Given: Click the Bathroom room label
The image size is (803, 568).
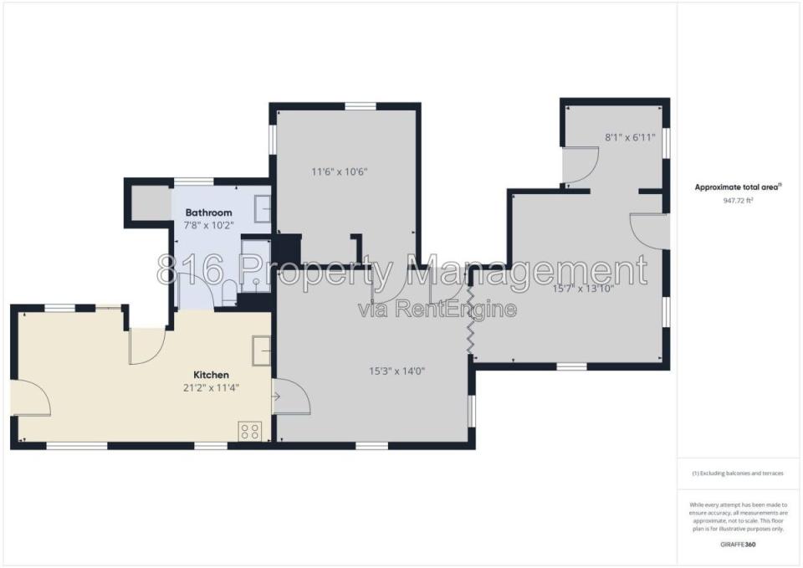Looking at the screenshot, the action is tap(208, 212).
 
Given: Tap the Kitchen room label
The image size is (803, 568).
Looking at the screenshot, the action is tap(211, 375).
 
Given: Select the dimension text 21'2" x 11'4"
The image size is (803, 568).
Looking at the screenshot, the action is tap(211, 388).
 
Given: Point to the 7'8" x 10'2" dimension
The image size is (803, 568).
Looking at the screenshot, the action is tap(208, 225).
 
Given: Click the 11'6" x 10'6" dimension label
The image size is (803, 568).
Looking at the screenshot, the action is tap(340, 171).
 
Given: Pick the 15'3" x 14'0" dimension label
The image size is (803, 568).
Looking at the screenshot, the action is tap(396, 371).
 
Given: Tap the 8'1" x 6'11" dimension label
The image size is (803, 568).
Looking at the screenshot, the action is tap(630, 137).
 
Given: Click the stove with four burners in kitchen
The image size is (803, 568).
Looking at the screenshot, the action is tap(250, 431).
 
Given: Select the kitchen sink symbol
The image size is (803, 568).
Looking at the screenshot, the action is tap(261, 351).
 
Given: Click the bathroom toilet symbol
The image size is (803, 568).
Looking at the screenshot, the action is tap(229, 292).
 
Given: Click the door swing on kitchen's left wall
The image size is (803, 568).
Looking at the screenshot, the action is tap(31, 397).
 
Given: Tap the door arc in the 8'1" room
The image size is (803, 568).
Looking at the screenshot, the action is tap(581, 165).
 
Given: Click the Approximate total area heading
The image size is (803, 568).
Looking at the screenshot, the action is tap(738, 187).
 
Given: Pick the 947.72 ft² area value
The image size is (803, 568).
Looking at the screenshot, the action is tap(738, 200).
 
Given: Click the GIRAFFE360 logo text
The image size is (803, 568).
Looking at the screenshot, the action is tap(738, 545).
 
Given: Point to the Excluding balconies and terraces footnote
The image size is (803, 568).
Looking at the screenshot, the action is tap(738, 473).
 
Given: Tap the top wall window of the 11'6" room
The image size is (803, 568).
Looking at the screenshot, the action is tap(361, 106).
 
